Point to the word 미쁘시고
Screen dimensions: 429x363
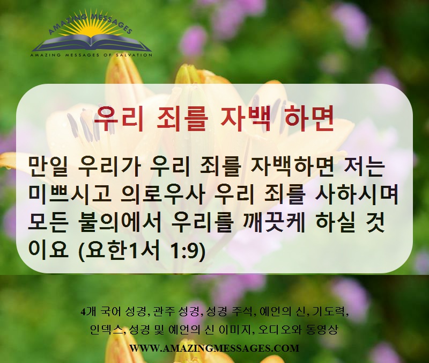(70, 195)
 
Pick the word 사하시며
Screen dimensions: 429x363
(356, 195)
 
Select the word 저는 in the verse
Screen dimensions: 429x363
(363, 166)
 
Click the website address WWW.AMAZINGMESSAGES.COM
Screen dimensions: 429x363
(214, 348)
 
